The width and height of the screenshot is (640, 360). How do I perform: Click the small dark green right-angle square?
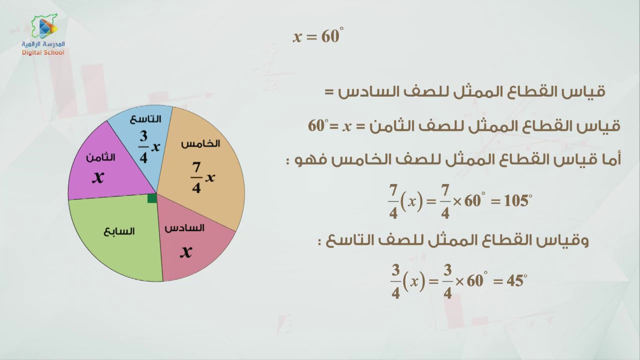[152, 198]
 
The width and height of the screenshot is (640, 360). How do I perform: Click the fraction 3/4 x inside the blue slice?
[148, 147]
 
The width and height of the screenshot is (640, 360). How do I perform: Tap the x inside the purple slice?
[98, 177]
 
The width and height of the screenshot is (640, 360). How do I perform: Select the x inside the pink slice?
[186, 251]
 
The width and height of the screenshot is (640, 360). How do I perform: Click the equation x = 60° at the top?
[318, 36]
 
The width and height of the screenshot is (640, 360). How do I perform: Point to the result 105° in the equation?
[517, 201]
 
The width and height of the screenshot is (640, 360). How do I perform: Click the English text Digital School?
[43, 52]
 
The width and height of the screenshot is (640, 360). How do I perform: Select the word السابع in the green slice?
[119, 231]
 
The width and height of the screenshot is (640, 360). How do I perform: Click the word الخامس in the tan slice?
[200, 144]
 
